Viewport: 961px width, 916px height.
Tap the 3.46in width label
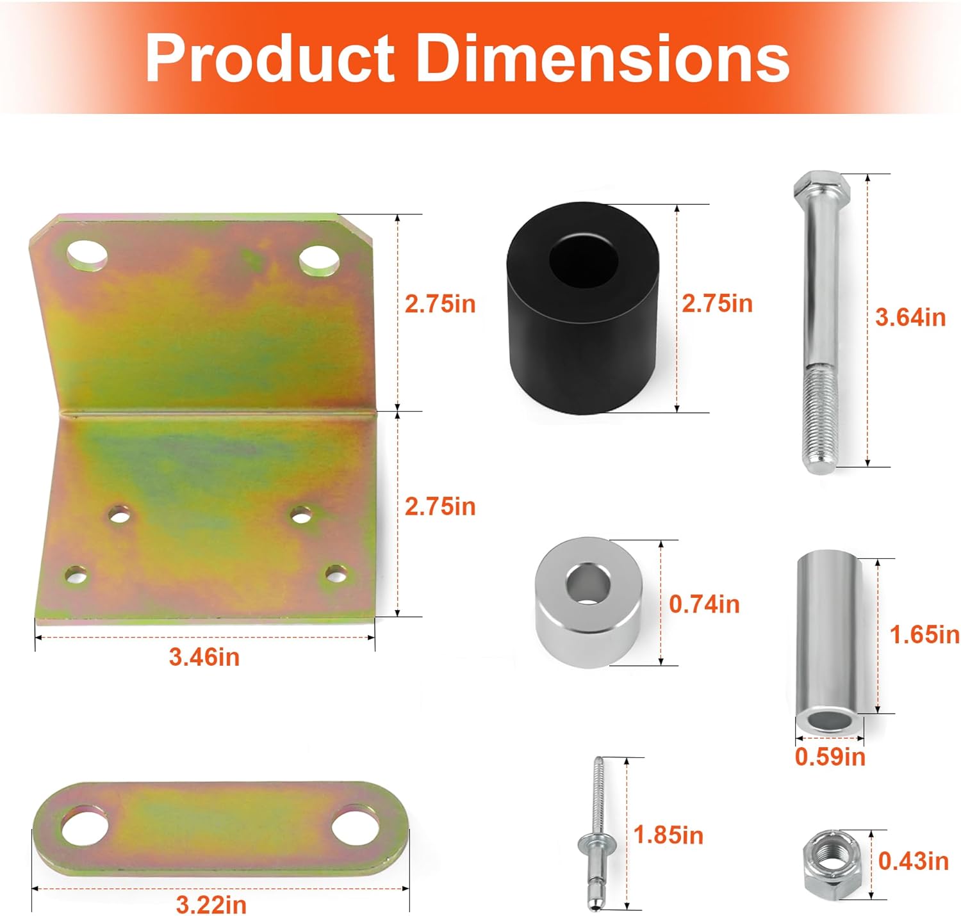(204, 657)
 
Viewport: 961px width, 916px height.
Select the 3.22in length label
(211, 904)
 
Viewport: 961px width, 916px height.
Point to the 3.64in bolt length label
(910, 317)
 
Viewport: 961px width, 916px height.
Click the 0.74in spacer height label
(704, 604)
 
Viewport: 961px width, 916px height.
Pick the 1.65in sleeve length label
(924, 634)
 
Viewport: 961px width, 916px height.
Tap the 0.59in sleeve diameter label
(830, 757)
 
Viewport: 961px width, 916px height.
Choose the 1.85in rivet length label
(668, 835)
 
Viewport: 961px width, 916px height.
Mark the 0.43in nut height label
(913, 861)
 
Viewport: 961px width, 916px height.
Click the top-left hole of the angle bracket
(87, 254)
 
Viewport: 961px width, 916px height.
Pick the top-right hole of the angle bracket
(319, 259)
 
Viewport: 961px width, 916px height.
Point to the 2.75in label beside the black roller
(717, 303)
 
